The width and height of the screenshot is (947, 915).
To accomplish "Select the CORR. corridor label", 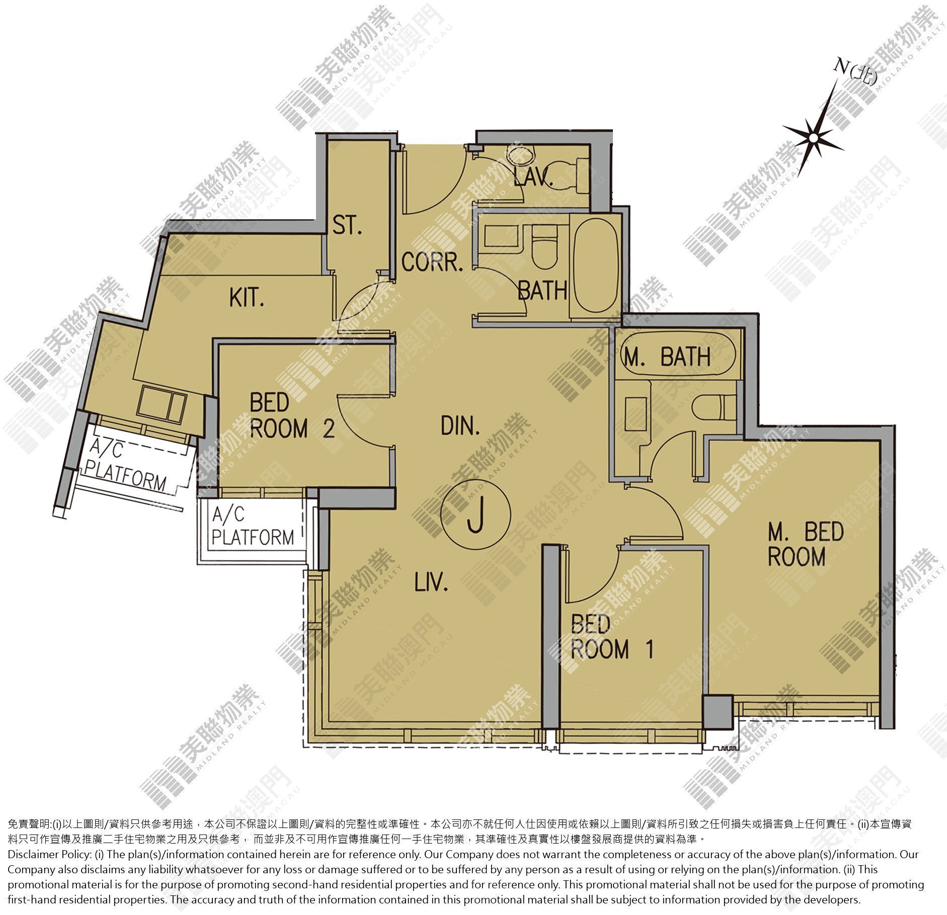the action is [432, 263].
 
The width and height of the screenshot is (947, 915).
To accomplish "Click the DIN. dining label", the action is [460, 427].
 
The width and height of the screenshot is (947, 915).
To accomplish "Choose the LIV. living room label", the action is [431, 584].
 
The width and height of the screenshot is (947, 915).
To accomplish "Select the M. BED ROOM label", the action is [805, 544].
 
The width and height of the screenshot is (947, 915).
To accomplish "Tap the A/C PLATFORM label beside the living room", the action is [252, 527].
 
